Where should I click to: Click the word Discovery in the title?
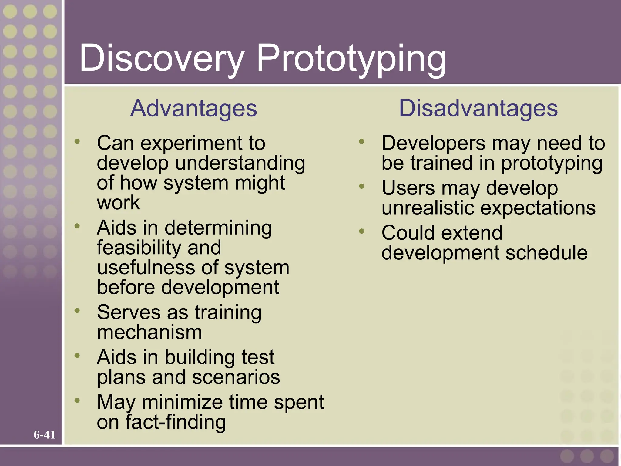(x=161, y=58)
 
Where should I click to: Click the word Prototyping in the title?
(x=351, y=58)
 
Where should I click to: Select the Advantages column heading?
(x=193, y=108)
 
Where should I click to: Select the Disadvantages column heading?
(x=478, y=108)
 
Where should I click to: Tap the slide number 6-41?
(x=45, y=435)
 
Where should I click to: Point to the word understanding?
(x=240, y=163)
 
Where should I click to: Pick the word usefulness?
(x=146, y=268)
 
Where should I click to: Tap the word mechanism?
(x=149, y=332)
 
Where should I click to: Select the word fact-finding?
(x=176, y=422)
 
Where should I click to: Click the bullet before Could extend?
(x=361, y=231)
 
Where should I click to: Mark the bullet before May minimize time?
(x=77, y=400)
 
